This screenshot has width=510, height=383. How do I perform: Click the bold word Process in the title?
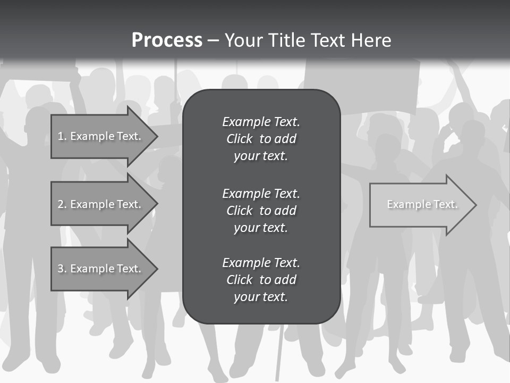click(x=167, y=40)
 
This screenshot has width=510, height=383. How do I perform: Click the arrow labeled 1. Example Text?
click(x=101, y=136)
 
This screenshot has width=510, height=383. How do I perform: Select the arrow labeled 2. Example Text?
click(x=101, y=204)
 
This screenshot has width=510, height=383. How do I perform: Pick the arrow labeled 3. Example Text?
click(x=101, y=269)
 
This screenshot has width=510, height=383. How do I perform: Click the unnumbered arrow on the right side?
click(x=420, y=205)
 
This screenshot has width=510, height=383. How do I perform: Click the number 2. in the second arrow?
click(x=62, y=204)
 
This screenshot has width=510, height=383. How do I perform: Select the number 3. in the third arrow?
click(x=62, y=269)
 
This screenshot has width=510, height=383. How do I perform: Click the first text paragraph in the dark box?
click(x=261, y=139)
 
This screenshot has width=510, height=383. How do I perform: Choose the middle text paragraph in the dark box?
click(x=261, y=211)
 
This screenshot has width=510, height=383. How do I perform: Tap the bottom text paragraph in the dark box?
click(x=261, y=280)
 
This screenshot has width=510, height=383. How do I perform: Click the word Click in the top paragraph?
click(x=240, y=139)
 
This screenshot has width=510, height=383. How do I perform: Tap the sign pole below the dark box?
click(x=278, y=351)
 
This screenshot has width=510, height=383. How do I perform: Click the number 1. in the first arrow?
click(x=62, y=136)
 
